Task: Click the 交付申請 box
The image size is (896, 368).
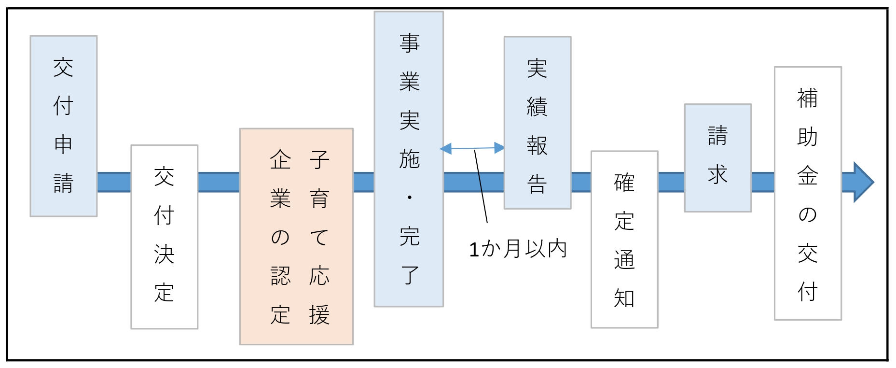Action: tap(64, 126)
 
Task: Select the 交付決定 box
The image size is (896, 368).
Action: tap(164, 237)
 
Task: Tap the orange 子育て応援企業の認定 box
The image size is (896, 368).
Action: tap(296, 236)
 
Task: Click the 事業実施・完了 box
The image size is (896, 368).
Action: tap(409, 159)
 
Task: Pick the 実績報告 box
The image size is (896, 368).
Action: tap(538, 123)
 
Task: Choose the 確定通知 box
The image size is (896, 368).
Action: tap(624, 240)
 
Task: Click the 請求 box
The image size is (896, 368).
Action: tap(718, 157)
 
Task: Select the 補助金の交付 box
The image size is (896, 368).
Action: tap(808, 193)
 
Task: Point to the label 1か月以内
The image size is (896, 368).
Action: tap(518, 249)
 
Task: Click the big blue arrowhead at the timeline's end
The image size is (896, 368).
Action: tap(862, 182)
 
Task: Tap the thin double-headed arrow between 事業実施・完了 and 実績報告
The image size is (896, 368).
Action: tap(472, 148)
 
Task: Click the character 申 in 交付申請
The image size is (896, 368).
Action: tap(63, 144)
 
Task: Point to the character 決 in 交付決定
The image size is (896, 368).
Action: tap(164, 254)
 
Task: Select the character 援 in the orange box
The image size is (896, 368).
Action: tap(319, 315)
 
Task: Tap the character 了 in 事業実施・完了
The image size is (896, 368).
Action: tap(410, 275)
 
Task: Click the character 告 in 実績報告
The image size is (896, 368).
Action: tap(537, 184)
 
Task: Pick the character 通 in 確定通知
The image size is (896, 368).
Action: tap(624, 260)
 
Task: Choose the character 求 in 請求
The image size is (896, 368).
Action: tap(717, 174)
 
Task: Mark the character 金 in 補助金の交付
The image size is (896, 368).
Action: tap(807, 175)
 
